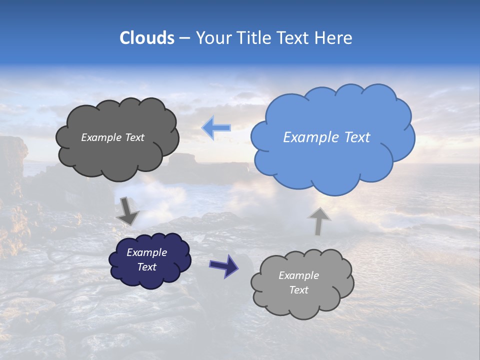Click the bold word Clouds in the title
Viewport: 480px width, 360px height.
[x=146, y=38]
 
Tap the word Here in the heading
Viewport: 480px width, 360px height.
[x=334, y=38]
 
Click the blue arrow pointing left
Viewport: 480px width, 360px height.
[x=216, y=128]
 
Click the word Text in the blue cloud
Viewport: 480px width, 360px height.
[x=357, y=137]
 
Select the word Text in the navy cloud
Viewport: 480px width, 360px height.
[x=147, y=267]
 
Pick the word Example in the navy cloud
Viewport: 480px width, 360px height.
[x=147, y=252]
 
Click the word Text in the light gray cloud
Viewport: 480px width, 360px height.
[x=298, y=290]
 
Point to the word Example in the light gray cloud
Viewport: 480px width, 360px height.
[x=298, y=275]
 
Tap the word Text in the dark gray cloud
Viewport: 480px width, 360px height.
[x=134, y=137]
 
